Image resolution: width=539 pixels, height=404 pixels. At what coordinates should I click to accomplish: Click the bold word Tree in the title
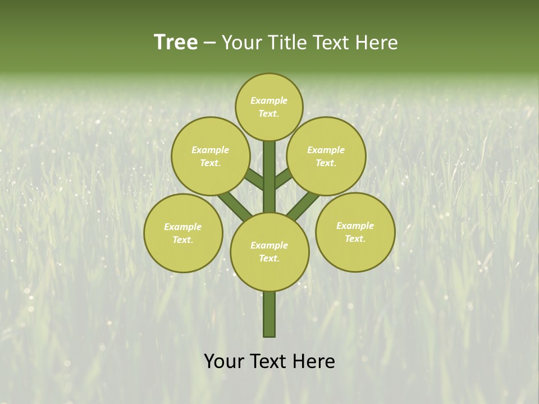[x=176, y=43]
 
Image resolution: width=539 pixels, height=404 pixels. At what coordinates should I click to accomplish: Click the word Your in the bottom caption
[x=225, y=361]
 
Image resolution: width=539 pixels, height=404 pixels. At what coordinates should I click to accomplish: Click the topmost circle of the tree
[x=269, y=107]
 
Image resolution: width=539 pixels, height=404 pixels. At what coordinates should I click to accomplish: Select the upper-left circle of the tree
[x=210, y=156]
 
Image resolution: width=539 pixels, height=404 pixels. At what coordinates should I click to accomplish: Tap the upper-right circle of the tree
[x=326, y=156]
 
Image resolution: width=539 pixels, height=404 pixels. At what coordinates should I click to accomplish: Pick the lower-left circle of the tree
[x=183, y=233]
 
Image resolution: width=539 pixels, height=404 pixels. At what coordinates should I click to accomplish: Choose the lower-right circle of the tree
[x=355, y=232]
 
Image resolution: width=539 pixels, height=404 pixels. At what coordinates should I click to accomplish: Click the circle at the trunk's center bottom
[x=269, y=251]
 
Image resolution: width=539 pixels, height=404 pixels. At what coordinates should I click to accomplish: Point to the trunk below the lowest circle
[x=269, y=314]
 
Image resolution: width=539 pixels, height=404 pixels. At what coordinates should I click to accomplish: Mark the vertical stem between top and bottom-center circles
[x=269, y=177]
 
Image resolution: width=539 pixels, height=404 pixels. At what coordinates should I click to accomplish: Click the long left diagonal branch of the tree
[x=235, y=205]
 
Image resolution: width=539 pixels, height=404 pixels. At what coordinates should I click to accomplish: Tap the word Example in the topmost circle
[x=269, y=100]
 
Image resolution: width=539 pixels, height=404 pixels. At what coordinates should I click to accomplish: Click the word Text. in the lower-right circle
[x=355, y=238]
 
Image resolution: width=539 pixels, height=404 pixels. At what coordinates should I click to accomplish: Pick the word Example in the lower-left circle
[x=182, y=227]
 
